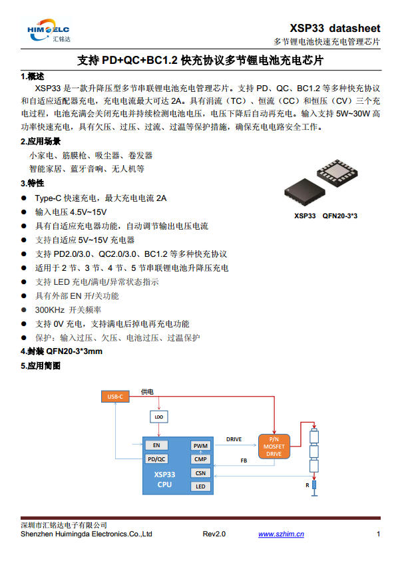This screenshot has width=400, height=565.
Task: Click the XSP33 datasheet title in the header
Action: click(x=335, y=28)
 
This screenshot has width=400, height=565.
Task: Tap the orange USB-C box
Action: click(x=114, y=397)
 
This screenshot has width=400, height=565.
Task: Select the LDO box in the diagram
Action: click(x=158, y=417)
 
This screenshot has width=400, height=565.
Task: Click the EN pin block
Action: click(x=156, y=445)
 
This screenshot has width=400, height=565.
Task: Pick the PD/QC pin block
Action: click(x=156, y=459)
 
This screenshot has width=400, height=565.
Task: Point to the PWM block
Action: click(x=200, y=446)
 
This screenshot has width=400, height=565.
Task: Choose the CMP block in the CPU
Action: click(x=200, y=459)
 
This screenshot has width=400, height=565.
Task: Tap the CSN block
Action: click(x=200, y=473)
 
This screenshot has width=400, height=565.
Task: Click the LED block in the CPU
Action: click(x=200, y=486)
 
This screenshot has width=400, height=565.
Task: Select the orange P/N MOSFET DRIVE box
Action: click(x=274, y=447)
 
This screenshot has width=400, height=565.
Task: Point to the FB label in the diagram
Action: click(x=244, y=461)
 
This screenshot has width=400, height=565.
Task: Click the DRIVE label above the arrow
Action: click(x=234, y=439)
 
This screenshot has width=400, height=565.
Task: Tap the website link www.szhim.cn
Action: click(x=281, y=534)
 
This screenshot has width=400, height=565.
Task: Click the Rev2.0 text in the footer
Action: click(x=214, y=534)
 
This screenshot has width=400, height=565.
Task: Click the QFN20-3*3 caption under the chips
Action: click(x=340, y=216)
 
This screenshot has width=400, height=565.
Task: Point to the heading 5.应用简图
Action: click(x=41, y=366)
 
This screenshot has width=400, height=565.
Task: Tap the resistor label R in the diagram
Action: click(x=307, y=486)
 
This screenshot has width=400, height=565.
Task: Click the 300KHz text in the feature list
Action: click(x=51, y=309)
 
